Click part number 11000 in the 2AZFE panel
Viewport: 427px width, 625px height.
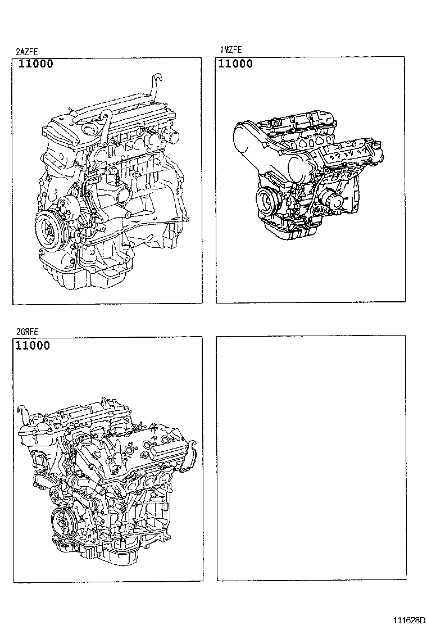35,64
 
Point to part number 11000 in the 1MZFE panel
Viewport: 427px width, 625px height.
235,64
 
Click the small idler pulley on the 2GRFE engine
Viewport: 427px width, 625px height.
55,495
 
